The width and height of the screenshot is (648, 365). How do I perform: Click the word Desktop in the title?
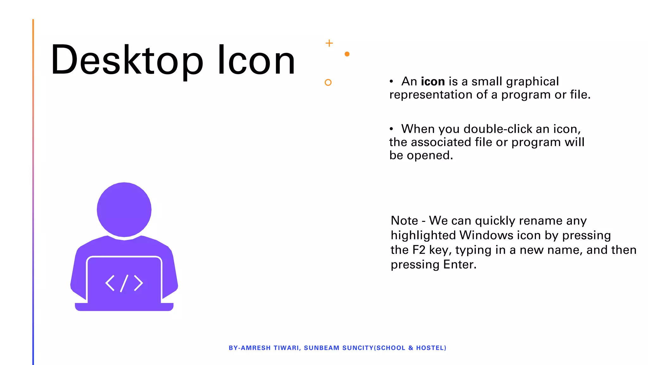pyautogui.click(x=127, y=60)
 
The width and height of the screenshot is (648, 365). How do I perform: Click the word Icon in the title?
pyautogui.click(x=256, y=60)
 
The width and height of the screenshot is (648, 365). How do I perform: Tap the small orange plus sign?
pyautogui.click(x=329, y=43)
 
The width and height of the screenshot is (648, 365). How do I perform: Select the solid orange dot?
pyautogui.click(x=347, y=54)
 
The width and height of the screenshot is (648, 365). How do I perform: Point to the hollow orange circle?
pyautogui.click(x=328, y=82)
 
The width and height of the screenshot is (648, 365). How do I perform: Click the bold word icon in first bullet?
pyautogui.click(x=433, y=82)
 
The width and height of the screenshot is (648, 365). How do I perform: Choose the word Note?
pyautogui.click(x=404, y=221)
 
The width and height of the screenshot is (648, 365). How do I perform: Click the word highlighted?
pyautogui.click(x=423, y=235)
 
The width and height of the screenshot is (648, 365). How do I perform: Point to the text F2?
pyautogui.click(x=419, y=250)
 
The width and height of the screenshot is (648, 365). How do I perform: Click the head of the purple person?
pyautogui.click(x=124, y=209)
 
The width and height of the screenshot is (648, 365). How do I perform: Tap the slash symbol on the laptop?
pyautogui.click(x=124, y=283)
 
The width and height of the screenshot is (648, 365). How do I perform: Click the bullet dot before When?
pyautogui.click(x=391, y=129)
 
